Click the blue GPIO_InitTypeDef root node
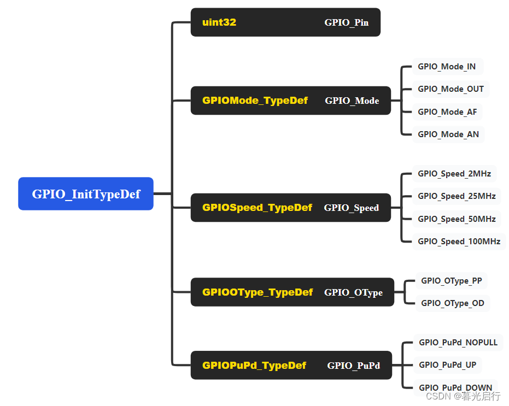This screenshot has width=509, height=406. pyautogui.click(x=86, y=194)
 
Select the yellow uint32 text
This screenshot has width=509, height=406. pyautogui.click(x=219, y=22)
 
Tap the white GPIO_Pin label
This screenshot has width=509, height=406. pyautogui.click(x=346, y=23)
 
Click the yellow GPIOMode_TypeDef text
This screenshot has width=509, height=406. pyautogui.click(x=255, y=101)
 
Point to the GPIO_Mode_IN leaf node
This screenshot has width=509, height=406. pyautogui.click(x=447, y=67)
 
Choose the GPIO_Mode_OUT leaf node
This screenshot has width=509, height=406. pyautogui.click(x=451, y=89)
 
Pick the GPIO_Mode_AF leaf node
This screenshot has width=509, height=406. pyautogui.click(x=447, y=112)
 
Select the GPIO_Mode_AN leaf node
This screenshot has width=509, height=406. pyautogui.click(x=448, y=134)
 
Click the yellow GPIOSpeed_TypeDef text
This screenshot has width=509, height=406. pyautogui.click(x=257, y=208)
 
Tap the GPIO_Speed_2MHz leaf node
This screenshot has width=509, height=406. pyautogui.click(x=454, y=174)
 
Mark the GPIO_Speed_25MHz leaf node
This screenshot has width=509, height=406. pyautogui.click(x=457, y=196)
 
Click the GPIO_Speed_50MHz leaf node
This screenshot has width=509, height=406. pyautogui.click(x=457, y=219)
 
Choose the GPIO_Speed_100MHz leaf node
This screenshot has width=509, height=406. pyautogui.click(x=459, y=242)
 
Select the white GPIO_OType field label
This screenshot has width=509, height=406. pyautogui.click(x=353, y=292)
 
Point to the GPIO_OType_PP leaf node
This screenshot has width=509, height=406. pyautogui.click(x=452, y=281)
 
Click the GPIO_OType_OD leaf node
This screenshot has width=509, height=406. pyautogui.click(x=453, y=303)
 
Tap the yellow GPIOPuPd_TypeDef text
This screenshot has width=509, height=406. pyautogui.click(x=254, y=366)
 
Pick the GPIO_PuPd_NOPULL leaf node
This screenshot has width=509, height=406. pyautogui.click(x=458, y=343)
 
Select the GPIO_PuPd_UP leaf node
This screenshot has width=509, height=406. pyautogui.click(x=447, y=365)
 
